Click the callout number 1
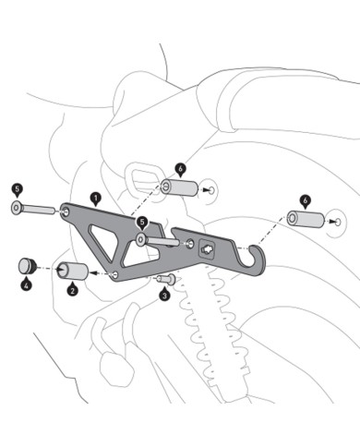click(x=95, y=197)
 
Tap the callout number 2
click(x=72, y=288)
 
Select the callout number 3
click(x=163, y=296)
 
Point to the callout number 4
click(x=27, y=285)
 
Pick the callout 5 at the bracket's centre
click(x=142, y=223)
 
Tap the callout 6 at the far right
click(x=305, y=199)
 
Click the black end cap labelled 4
click(x=27, y=266)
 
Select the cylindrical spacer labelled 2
click(x=73, y=272)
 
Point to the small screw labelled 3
click(x=163, y=279)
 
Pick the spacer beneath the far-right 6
click(x=306, y=221)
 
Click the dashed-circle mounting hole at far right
click(x=337, y=222)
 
